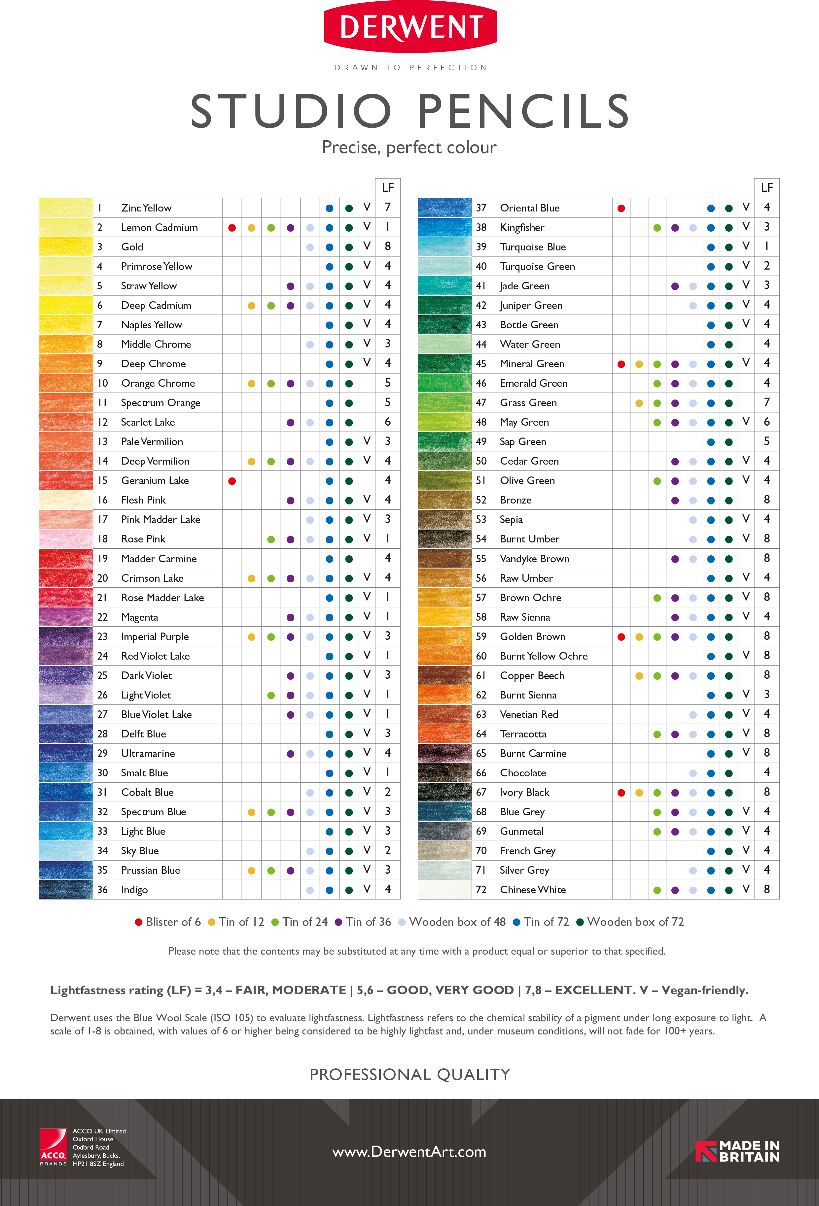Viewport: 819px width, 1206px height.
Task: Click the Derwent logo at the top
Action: pos(410,27)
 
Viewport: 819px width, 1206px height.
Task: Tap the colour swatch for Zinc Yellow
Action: pos(66,208)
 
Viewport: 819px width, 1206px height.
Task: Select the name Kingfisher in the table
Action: pos(522,227)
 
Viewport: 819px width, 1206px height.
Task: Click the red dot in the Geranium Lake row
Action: pos(232,481)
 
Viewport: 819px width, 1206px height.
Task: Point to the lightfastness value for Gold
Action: pos(387,246)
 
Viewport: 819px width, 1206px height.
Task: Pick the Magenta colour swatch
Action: pos(66,617)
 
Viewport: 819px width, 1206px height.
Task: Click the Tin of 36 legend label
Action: pos(368,922)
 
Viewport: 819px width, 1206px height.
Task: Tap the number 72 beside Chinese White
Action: pos(481,890)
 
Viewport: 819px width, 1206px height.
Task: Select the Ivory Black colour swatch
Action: pos(445,793)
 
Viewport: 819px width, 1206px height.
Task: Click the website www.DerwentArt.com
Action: pos(409,1152)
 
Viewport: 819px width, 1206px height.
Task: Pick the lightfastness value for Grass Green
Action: pos(766,402)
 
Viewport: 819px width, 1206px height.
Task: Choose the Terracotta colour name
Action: pos(523,734)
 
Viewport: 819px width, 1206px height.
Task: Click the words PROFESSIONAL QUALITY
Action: pos(410,1074)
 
